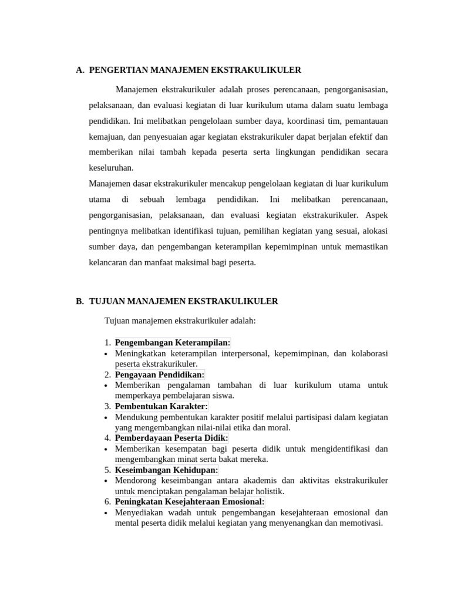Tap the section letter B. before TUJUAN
pos(80,301)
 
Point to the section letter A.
pos(80,70)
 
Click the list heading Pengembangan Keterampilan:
pos(173,343)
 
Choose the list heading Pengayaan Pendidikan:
pos(160,374)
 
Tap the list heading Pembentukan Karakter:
pos(161,406)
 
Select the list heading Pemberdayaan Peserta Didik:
pos(171,438)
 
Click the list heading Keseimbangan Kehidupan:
pos(166,470)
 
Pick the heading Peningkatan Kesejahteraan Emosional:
pos(190,501)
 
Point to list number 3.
pos(107,406)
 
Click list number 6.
pos(107,501)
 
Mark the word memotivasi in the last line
pos(361,522)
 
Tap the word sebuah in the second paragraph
pos(152,200)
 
